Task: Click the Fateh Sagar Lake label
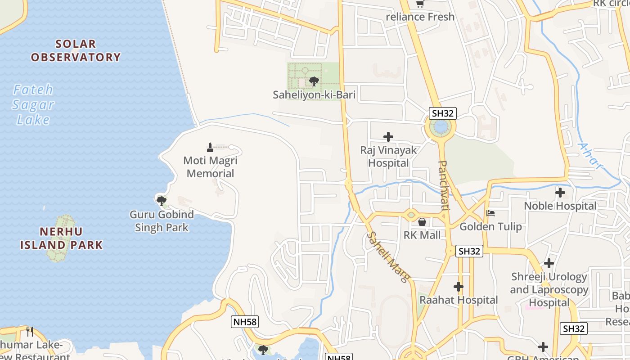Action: click(33, 104)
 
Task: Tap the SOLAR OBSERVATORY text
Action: click(76, 50)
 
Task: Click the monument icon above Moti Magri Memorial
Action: click(210, 147)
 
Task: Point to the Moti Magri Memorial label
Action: click(210, 167)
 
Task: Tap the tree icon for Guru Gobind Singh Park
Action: click(161, 201)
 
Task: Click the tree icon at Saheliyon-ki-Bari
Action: click(314, 81)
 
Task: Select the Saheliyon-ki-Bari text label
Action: click(314, 95)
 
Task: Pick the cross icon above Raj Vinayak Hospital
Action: click(388, 137)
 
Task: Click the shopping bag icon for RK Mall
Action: click(422, 222)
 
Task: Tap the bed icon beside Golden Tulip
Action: click(490, 213)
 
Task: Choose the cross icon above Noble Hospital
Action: click(560, 193)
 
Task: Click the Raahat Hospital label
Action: click(459, 300)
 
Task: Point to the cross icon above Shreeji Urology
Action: click(549, 263)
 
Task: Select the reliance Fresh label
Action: click(420, 17)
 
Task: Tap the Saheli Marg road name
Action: click(388, 256)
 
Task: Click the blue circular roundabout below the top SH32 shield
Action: click(441, 127)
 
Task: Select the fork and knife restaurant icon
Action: click(30, 332)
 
